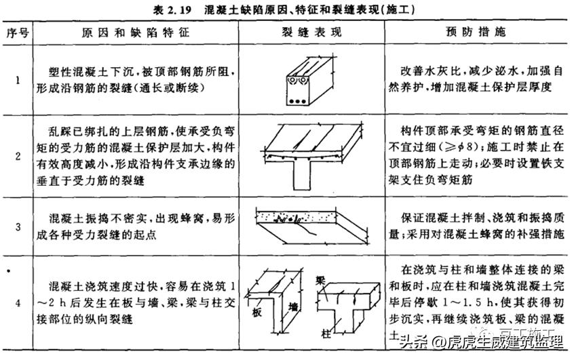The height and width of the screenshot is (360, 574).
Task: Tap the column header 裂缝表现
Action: click(x=311, y=31)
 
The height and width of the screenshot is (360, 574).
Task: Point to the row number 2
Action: click(x=18, y=155)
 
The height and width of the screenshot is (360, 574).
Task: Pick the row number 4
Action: click(x=18, y=303)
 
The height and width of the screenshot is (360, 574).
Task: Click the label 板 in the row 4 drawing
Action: click(x=257, y=313)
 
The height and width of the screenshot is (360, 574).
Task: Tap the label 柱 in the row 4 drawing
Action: click(x=327, y=334)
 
